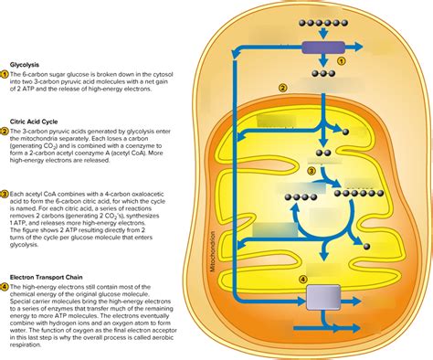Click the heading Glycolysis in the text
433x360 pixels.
click(x=25, y=65)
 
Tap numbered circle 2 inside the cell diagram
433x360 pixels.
click(x=283, y=88)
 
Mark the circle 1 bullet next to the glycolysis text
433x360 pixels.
click(x=5, y=75)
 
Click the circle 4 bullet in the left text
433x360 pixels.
click(x=5, y=287)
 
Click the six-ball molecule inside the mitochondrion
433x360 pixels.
click(x=352, y=192)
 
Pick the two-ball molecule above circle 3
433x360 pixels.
click(x=322, y=153)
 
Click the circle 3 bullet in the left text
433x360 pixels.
click(x=5, y=194)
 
